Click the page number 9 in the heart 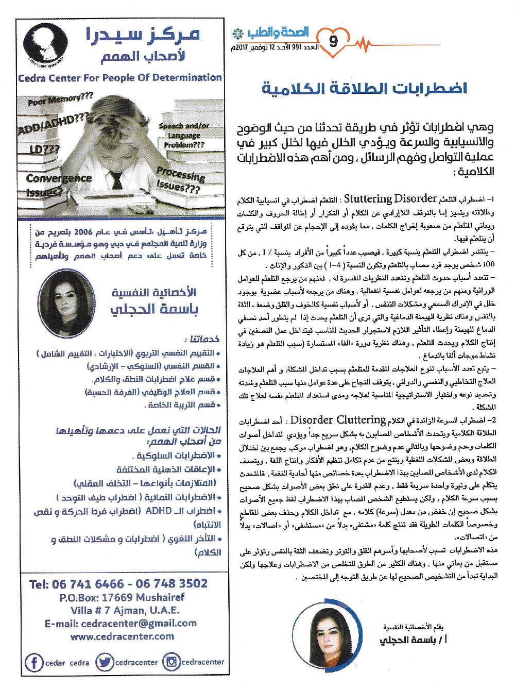click(332, 41)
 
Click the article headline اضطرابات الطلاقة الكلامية click(365, 88)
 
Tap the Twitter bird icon click(105, 662)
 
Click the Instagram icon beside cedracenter click(170, 662)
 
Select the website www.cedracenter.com click(122, 636)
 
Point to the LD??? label click(40, 150)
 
